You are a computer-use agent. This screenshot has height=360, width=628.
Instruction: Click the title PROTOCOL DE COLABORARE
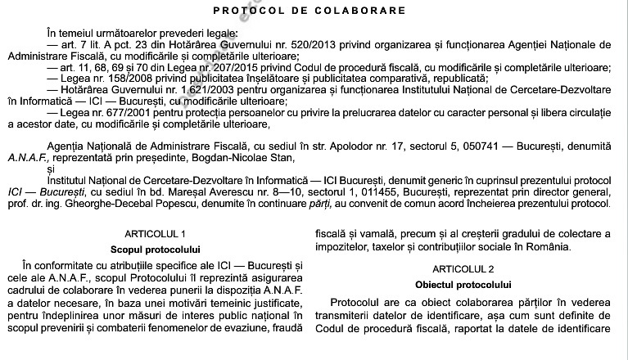pos(309,11)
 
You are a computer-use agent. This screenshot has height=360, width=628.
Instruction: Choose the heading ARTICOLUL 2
pos(465,268)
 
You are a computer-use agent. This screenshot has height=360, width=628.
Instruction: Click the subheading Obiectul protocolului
pos(465,284)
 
